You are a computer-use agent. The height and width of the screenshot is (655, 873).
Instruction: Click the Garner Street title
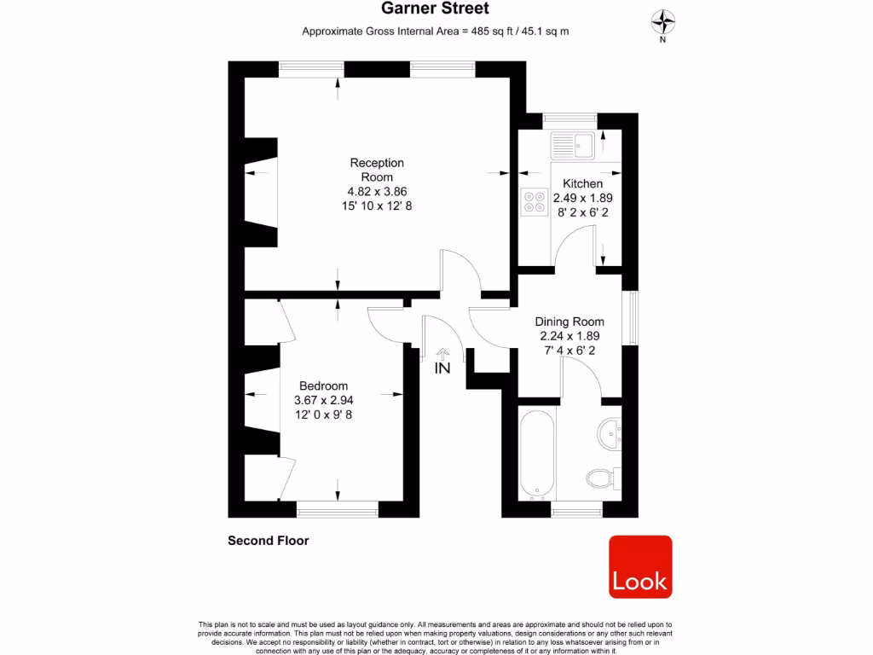[436, 9]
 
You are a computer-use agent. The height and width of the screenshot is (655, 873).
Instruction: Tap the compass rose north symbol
[663, 21]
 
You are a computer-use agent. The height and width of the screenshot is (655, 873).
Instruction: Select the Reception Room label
[377, 170]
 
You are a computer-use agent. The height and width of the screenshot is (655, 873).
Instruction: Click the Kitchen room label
[582, 183]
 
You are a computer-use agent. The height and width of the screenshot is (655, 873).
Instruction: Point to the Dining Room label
[569, 322]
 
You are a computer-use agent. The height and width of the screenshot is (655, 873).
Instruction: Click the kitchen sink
[572, 144]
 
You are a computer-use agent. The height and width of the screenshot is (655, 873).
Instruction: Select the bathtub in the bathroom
[537, 452]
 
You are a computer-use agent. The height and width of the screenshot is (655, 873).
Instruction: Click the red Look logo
[640, 566]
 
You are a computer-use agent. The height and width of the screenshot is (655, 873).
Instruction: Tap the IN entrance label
[442, 369]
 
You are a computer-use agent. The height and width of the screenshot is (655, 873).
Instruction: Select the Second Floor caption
[268, 541]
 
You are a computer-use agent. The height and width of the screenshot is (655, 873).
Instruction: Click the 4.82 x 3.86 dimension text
[377, 192]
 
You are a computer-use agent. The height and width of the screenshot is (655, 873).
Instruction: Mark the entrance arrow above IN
[442, 352]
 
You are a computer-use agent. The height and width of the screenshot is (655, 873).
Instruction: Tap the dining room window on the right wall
[633, 319]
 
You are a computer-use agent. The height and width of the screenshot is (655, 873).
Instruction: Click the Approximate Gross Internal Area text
[436, 32]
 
